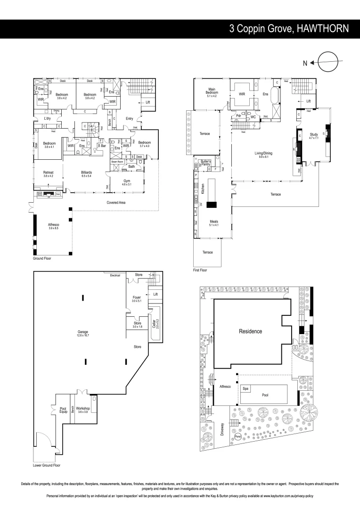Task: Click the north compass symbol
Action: click(x=328, y=62)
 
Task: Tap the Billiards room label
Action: click(x=86, y=173)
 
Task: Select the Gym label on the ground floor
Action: click(x=127, y=181)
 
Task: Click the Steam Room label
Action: click(x=117, y=162)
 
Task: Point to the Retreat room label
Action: click(x=48, y=173)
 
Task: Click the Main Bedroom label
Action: click(x=212, y=91)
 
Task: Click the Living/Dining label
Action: click(x=263, y=153)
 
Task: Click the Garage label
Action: click(x=83, y=333)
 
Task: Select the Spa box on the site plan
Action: click(x=245, y=388)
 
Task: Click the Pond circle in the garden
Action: click(x=238, y=436)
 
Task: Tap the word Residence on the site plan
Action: click(x=250, y=331)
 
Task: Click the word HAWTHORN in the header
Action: click(x=323, y=29)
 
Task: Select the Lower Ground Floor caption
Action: click(x=47, y=465)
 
